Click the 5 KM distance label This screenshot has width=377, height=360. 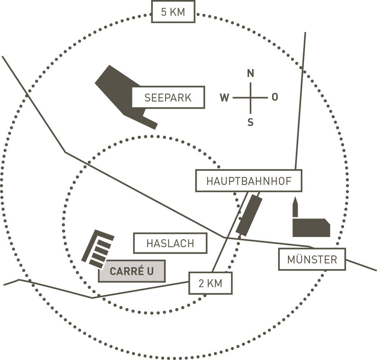coord(173,12)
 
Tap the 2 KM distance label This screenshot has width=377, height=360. coord(210,283)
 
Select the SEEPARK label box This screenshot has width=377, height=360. coord(168,97)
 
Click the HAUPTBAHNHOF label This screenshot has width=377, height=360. coord(249,181)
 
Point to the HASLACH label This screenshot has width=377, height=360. coord(170,243)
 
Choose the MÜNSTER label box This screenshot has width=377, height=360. coord(312,259)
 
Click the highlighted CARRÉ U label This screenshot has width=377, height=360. coord(132,271)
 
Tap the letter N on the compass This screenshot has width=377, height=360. coord(251,73)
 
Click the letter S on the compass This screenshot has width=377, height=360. coord(251,122)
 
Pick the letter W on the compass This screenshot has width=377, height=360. coord(224,98)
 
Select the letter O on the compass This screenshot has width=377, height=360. coord(275,97)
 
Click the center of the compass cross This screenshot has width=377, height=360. coord(251,98)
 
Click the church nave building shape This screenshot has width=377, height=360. coord(311,228)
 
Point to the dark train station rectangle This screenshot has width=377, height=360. coord(249,215)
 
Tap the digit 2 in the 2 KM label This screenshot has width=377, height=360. coord(201,283)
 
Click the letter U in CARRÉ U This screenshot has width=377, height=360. coord(150,271)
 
